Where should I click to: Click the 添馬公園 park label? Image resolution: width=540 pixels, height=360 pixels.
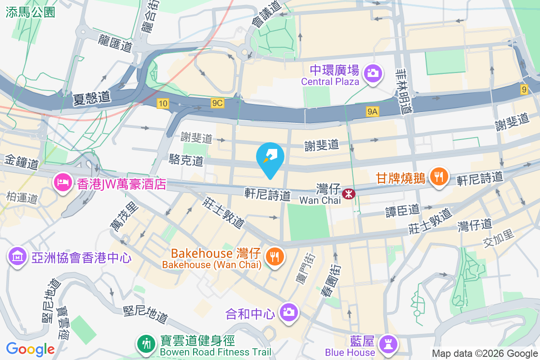click(31, 12)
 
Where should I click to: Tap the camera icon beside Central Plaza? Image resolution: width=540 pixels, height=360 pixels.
click(373, 72)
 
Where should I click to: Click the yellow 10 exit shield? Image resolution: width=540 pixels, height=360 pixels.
click(163, 104)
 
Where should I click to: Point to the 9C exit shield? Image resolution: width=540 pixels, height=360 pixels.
click(217, 103)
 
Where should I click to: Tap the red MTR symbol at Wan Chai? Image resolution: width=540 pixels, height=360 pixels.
click(348, 193)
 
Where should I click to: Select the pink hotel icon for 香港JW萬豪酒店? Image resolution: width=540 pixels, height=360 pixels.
click(62, 182)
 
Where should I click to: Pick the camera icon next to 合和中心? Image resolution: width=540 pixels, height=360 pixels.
click(288, 311)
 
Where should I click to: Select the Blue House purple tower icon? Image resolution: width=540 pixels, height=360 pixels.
click(388, 344)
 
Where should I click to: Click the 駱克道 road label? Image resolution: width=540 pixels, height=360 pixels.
click(186, 159)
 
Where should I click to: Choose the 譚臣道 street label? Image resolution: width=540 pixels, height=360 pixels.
click(402, 210)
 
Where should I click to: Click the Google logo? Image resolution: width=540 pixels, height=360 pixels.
click(30, 349)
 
